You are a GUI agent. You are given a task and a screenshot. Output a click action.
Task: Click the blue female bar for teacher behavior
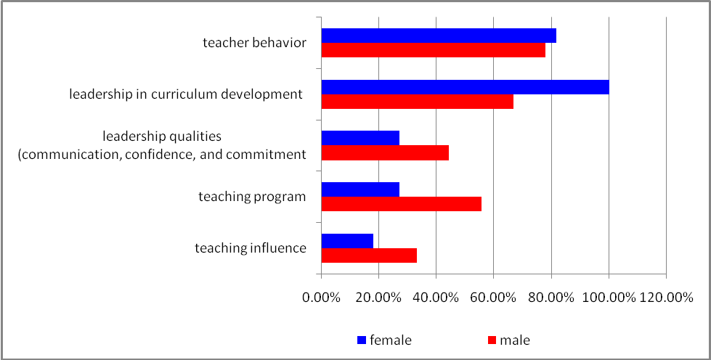[439, 36]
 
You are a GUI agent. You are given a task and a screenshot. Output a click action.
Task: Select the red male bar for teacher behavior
[433, 50]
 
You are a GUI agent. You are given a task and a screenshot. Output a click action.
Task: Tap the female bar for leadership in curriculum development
[465, 87]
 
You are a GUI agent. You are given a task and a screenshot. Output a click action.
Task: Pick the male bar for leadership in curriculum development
[417, 102]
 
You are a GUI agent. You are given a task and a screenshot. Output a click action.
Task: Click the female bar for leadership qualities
[360, 138]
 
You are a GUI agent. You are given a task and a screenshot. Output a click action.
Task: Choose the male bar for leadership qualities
[385, 152]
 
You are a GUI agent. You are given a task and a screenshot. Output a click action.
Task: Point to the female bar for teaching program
[360, 189]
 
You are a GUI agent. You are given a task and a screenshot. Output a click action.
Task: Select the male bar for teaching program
[401, 204]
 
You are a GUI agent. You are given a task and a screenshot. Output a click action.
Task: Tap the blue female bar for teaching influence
[347, 240]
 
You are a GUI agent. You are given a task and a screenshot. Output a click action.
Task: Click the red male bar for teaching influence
[369, 255]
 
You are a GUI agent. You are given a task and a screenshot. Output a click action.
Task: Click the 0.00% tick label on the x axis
[321, 298]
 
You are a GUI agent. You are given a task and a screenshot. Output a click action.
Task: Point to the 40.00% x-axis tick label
[436, 298]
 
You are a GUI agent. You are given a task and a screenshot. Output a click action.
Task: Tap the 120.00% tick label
[665, 298]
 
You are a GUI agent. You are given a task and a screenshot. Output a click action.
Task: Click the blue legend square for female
[362, 340]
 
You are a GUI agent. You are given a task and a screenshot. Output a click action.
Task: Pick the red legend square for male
[492, 340]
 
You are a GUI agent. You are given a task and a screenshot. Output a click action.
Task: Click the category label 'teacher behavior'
[254, 42]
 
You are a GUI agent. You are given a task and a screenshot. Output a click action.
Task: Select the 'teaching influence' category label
[251, 247]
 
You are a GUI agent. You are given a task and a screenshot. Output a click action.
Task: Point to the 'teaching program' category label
[252, 196]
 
